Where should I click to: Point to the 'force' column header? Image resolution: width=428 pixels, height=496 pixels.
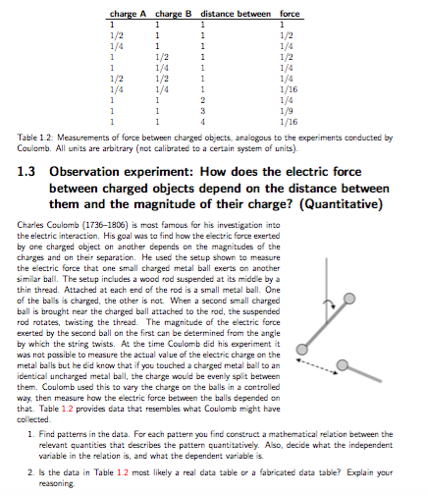point(290,12)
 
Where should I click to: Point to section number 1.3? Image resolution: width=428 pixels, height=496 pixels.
point(29,171)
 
